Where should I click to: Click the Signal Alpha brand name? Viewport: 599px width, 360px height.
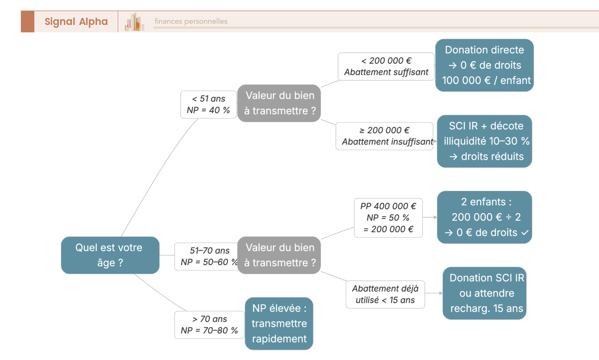pyautogui.click(x=76, y=21)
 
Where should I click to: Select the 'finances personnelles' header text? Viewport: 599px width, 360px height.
pyautogui.click(x=191, y=21)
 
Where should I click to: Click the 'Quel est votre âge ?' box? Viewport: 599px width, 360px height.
pyautogui.click(x=110, y=255)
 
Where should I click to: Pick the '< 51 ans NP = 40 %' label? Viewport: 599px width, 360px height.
pyautogui.click(x=208, y=104)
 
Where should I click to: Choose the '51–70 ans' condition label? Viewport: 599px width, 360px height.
pyautogui.click(x=207, y=256)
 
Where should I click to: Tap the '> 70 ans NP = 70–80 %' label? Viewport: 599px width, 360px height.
pyautogui.click(x=209, y=325)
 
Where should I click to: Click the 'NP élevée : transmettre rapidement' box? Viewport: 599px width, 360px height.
pyautogui.click(x=279, y=324)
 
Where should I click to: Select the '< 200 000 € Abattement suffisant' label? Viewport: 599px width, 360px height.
pyautogui.click(x=386, y=66)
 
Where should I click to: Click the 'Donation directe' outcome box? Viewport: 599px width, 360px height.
pyautogui.click(x=484, y=65)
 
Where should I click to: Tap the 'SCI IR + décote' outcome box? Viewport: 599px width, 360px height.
pyautogui.click(x=484, y=141)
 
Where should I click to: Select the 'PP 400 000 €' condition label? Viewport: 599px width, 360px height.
pyautogui.click(x=388, y=218)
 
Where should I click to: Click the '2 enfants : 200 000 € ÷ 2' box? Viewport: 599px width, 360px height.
pyautogui.click(x=484, y=217)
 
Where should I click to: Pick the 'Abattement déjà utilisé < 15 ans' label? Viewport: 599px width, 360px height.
pyautogui.click(x=385, y=294)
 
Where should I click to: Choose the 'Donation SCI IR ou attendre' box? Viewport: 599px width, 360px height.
pyautogui.click(x=484, y=293)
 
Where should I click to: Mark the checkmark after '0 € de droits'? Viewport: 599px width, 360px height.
pyautogui.click(x=524, y=233)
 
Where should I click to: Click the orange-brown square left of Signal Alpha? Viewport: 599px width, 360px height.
pyautogui.click(x=27, y=21)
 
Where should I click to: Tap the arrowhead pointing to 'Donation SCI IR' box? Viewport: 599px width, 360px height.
pyautogui.click(x=440, y=293)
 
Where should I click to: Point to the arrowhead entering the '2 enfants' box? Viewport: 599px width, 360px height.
pyautogui.click(x=435, y=218)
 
